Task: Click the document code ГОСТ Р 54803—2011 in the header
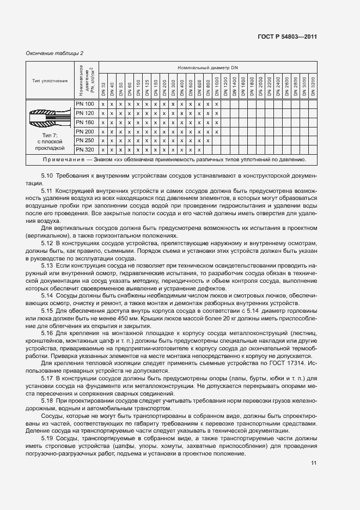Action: pyautogui.click(x=286, y=37)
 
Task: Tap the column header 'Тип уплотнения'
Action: pyautogui.click(x=50, y=81)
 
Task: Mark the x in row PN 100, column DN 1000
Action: pyautogui.click(x=217, y=104)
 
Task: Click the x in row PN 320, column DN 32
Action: pyautogui.click(x=103, y=150)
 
